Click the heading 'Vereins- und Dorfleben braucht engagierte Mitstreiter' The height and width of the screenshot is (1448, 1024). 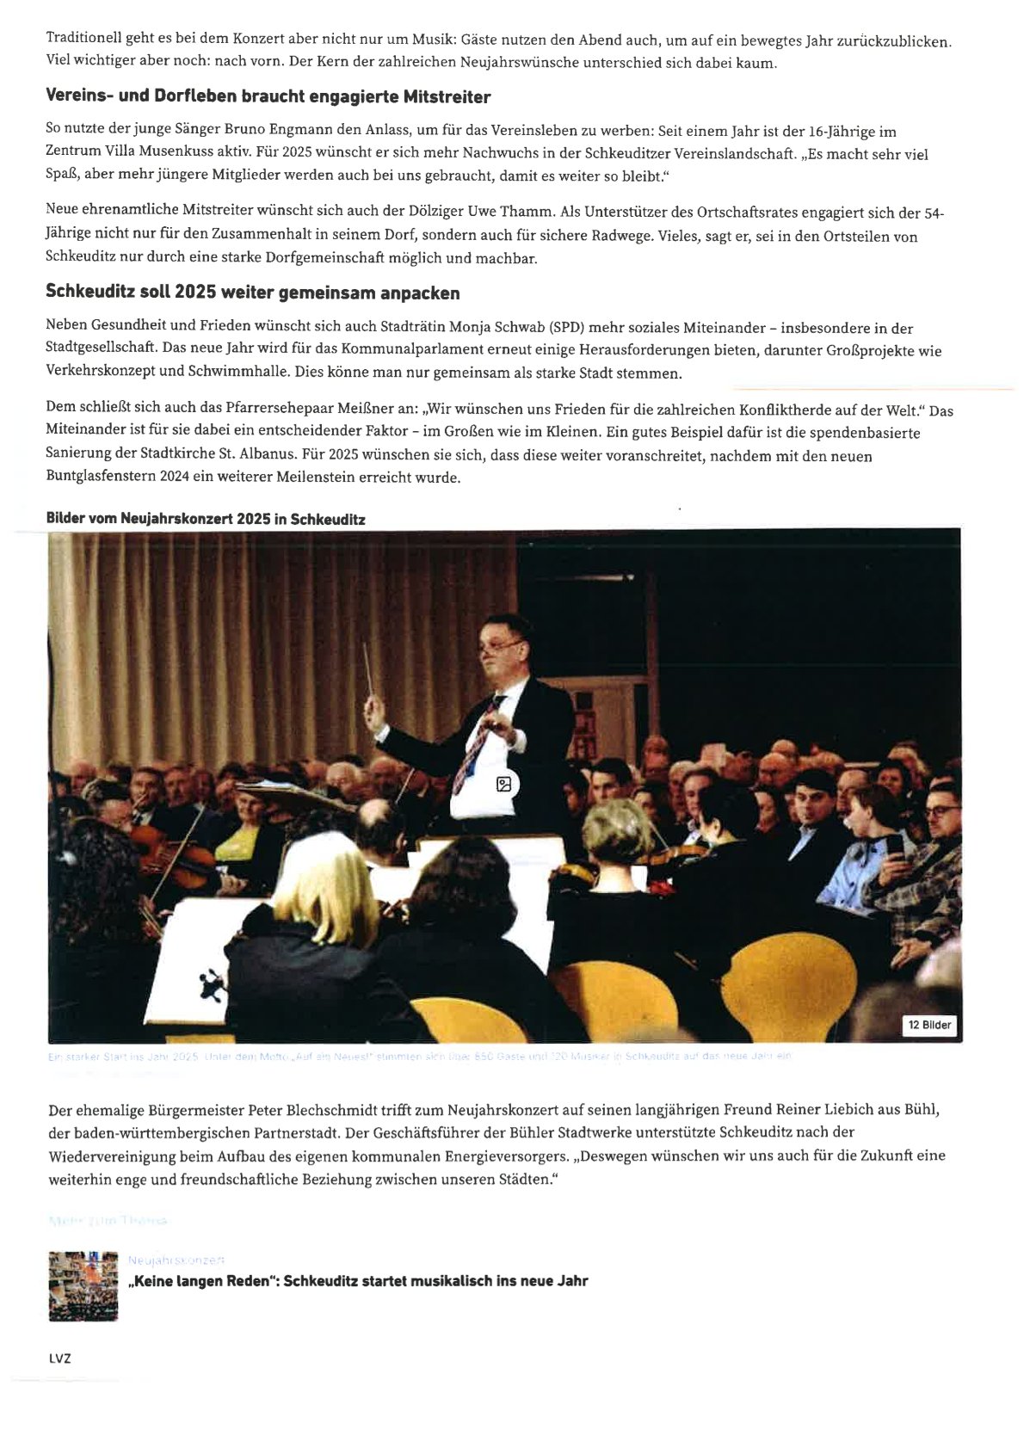(x=268, y=96)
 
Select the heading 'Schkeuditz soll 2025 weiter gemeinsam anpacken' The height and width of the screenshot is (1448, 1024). (x=252, y=293)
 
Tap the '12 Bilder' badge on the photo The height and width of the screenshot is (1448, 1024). (x=930, y=1025)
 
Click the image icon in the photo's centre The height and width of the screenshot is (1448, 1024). (x=504, y=784)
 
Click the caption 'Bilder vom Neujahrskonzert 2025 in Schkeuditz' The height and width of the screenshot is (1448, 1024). (x=206, y=520)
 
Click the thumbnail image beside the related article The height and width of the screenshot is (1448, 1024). (x=83, y=1285)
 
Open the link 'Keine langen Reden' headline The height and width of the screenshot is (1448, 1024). (x=357, y=1280)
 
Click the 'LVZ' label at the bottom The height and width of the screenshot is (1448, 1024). (x=60, y=1359)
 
